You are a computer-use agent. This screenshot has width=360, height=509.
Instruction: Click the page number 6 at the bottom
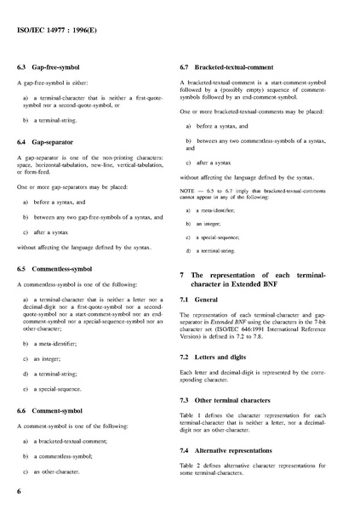pyautogui.click(x=19, y=491)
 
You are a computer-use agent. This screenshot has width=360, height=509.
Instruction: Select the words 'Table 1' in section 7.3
pyautogui.click(x=191, y=415)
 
